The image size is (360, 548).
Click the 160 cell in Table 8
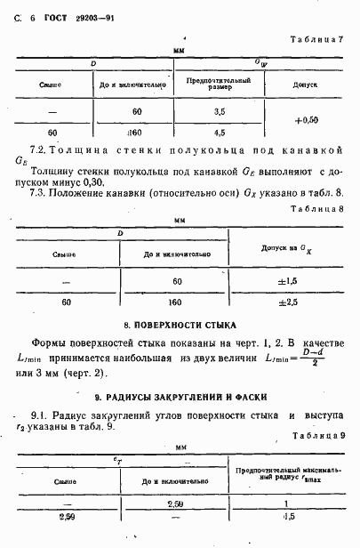[175, 302]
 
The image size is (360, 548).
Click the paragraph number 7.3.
[38, 191]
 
